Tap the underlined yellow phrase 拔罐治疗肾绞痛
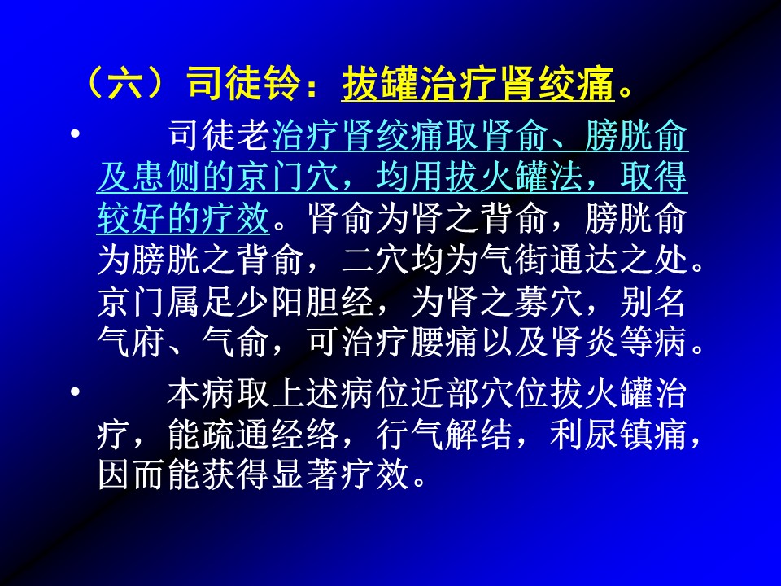[x=478, y=83]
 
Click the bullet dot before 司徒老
[x=75, y=134]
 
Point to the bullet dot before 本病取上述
[x=75, y=391]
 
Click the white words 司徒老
[x=219, y=135]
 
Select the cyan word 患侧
[x=167, y=177]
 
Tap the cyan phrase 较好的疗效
[x=183, y=218]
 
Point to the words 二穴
[x=376, y=260]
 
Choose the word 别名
[x=653, y=301]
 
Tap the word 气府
[x=132, y=343]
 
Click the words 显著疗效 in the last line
[x=341, y=475]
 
